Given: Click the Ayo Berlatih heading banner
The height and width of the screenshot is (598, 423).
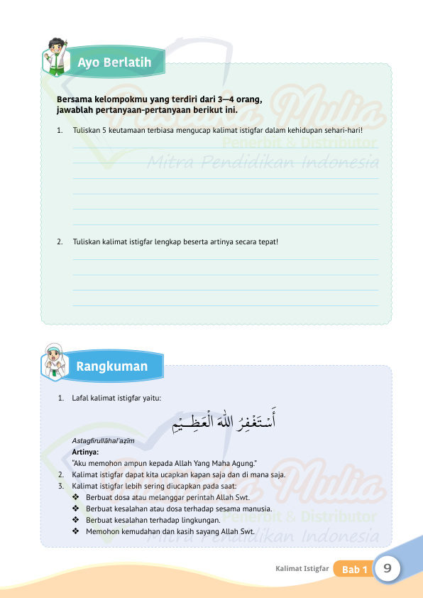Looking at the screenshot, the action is [114, 62].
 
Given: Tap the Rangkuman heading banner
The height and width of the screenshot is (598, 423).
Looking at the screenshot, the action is [112, 366].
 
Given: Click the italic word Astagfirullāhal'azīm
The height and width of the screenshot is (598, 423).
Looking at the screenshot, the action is [104, 442].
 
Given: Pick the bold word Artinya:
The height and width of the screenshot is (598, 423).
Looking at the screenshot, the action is [85, 452].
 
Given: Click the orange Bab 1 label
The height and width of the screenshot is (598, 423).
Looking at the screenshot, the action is [354, 570].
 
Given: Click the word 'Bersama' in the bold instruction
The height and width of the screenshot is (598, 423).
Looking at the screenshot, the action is [74, 100].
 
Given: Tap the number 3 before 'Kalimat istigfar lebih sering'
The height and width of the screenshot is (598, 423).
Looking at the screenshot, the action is [60, 486].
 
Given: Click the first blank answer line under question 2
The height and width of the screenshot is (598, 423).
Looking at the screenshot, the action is [226, 259].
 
